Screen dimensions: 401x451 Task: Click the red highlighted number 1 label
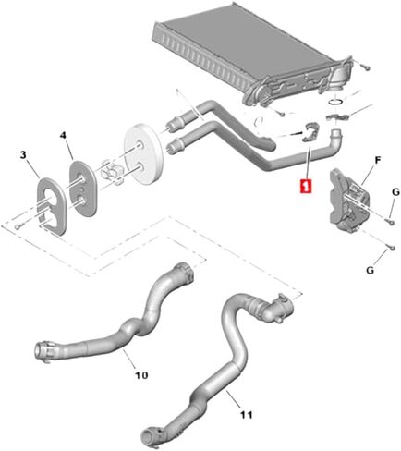coord(306,186)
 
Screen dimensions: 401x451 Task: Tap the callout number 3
coord(23,155)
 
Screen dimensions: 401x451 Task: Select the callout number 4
coord(63,135)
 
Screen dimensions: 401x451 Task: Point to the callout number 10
coord(141,375)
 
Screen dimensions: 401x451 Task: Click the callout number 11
coord(247,415)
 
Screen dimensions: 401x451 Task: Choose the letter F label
coord(378,160)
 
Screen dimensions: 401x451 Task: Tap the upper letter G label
coord(395,192)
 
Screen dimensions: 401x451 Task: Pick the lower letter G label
coord(370,270)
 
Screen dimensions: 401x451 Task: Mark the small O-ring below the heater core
coord(335,102)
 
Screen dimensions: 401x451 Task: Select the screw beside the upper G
coord(391,221)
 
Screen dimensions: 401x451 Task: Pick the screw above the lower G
coord(391,247)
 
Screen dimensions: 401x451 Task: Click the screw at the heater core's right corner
coord(366,67)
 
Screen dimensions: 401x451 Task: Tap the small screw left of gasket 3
coord(18,227)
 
